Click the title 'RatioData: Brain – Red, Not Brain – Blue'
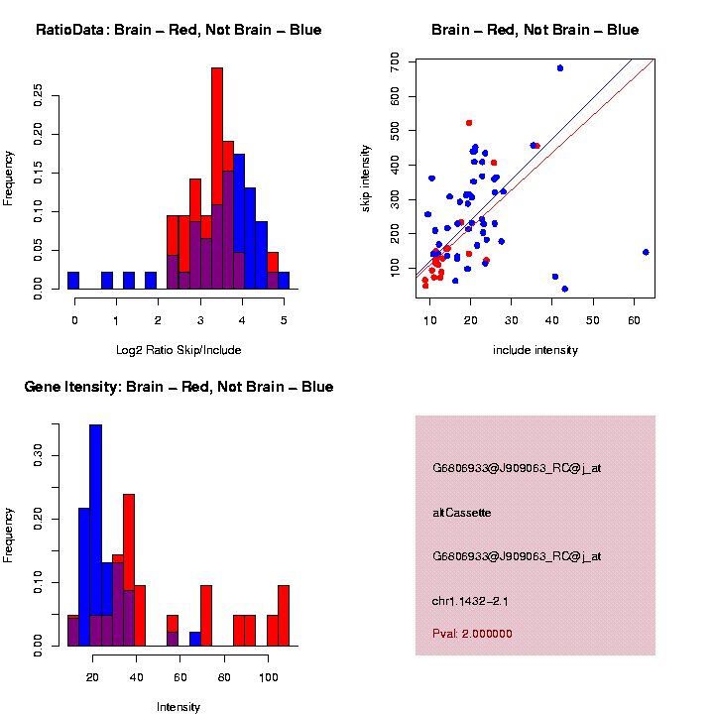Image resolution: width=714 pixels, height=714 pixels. tap(178, 30)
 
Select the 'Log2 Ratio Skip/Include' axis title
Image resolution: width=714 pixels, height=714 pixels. tap(178, 349)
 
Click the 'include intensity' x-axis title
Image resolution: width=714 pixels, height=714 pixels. tap(535, 349)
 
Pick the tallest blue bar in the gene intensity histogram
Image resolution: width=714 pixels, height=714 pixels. tap(96, 535)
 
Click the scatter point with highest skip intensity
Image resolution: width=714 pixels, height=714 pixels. tap(560, 68)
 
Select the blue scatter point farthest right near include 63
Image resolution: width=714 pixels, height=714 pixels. tap(646, 252)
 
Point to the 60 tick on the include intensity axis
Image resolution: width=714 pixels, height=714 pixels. tap(634, 319)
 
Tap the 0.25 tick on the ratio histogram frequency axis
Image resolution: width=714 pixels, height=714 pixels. tap(39, 94)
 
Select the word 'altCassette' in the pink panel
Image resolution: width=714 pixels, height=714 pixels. tap(462, 513)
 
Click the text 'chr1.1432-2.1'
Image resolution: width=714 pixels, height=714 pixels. tap(471, 601)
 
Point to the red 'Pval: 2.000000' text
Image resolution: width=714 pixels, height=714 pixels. tap(473, 634)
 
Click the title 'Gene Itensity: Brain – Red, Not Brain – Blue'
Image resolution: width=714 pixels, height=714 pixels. tap(178, 387)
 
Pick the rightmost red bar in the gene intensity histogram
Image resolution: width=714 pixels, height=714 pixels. tap(284, 615)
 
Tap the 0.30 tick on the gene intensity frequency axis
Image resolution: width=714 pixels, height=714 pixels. tap(39, 455)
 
